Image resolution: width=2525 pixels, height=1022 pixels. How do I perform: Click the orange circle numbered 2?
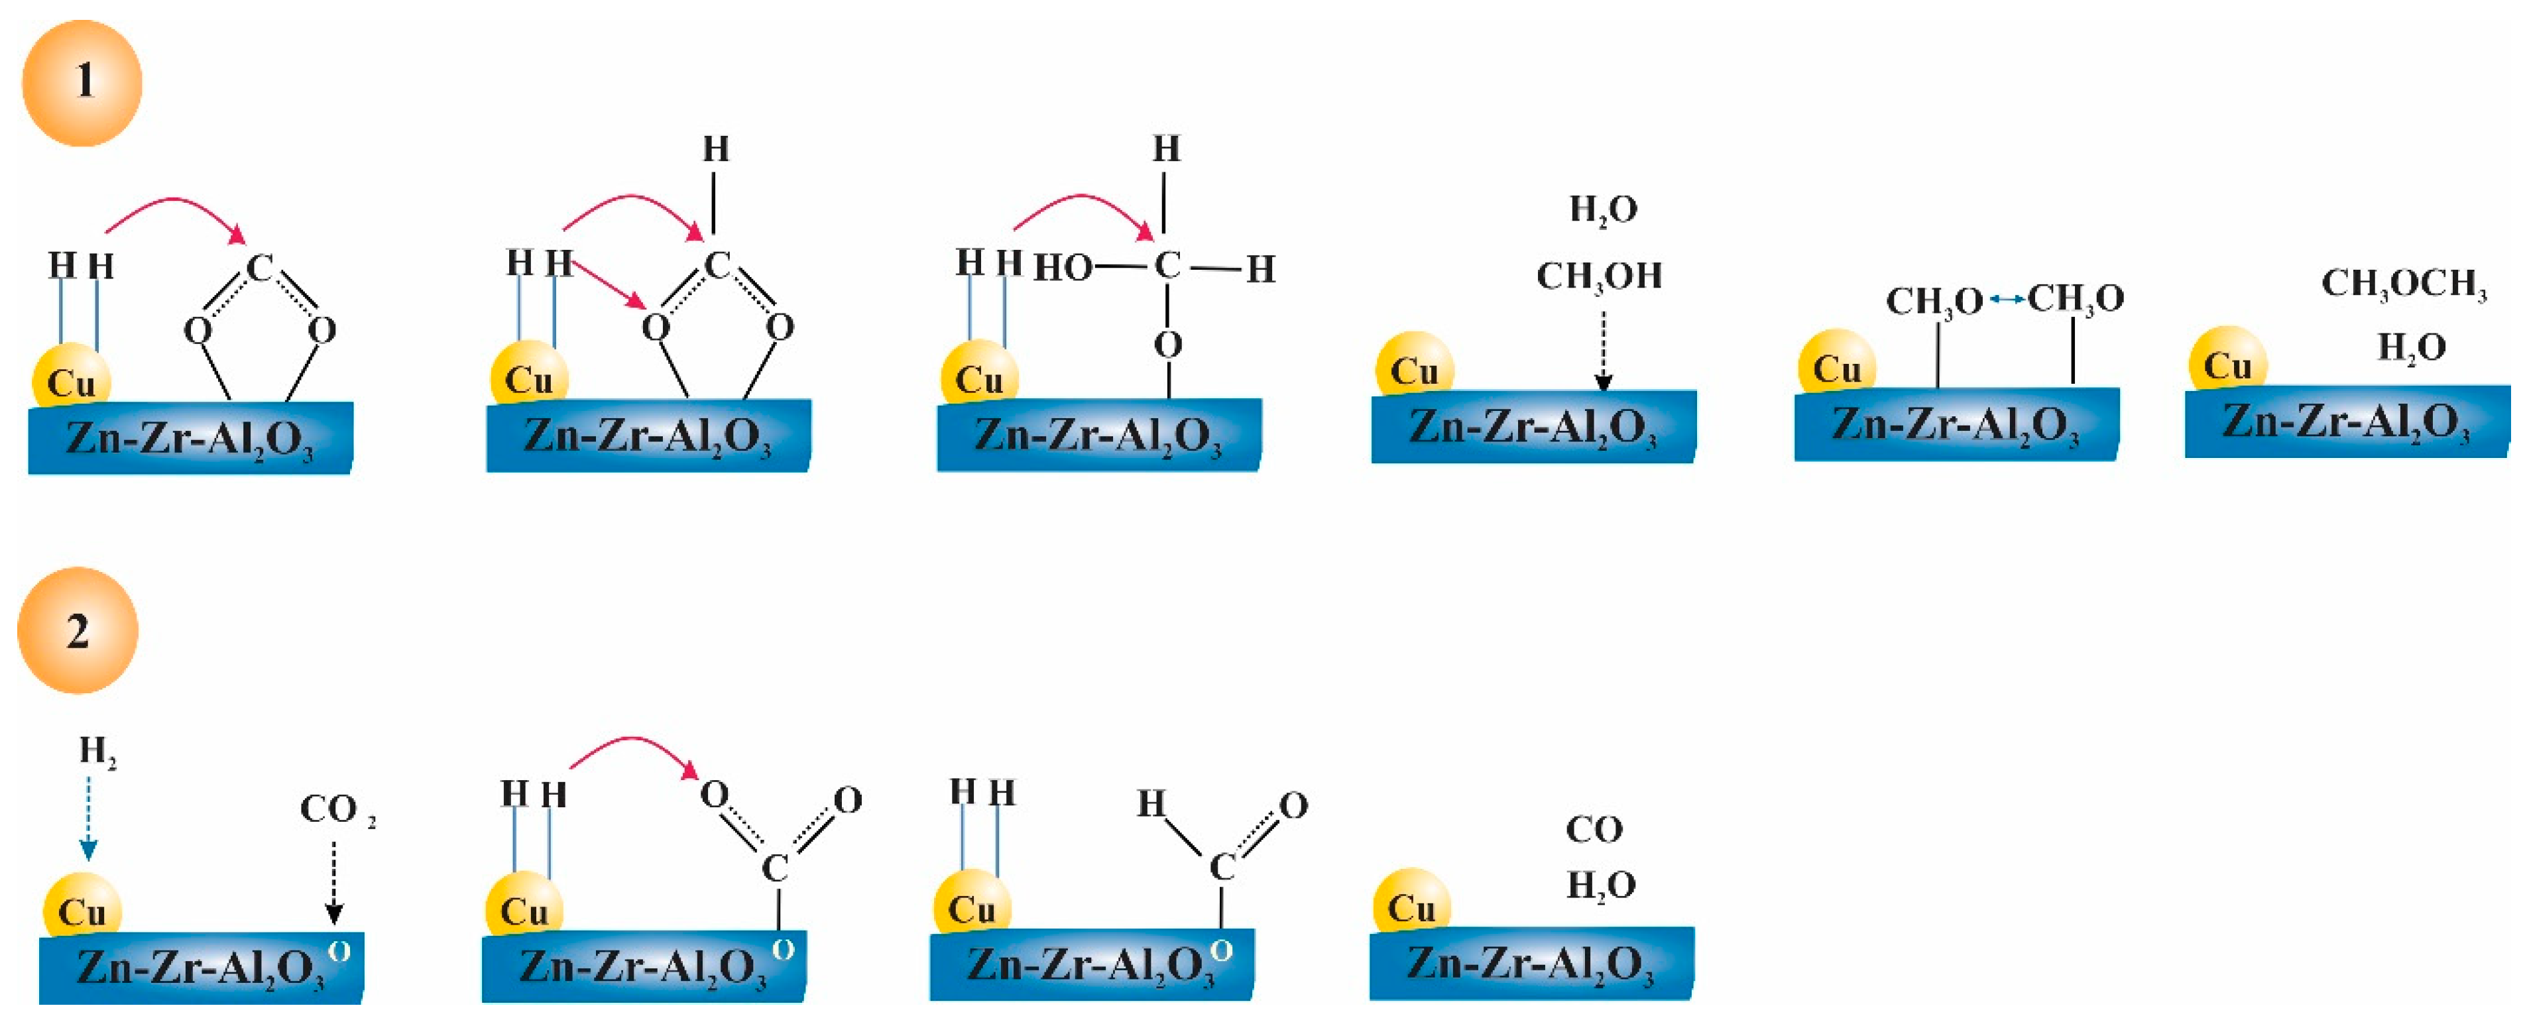coord(78,630)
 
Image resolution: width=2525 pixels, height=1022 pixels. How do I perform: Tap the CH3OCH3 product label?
coord(2404,284)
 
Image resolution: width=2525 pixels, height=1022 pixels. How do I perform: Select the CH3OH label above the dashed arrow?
coord(1599,276)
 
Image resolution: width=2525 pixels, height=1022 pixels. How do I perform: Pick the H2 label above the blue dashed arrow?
coord(97,752)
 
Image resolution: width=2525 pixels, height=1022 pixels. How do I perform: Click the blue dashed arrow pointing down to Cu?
coord(88,818)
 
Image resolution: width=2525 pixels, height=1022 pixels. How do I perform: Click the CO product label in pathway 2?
coord(1594,830)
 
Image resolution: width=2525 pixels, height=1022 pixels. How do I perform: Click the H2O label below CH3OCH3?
coord(2411,347)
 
